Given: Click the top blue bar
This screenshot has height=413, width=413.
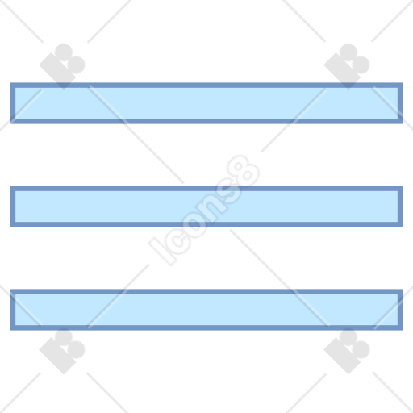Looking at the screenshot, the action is click(x=206, y=103).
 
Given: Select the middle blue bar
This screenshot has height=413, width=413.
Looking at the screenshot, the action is click(x=206, y=206).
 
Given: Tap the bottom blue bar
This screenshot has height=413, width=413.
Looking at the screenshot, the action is click(x=206, y=310).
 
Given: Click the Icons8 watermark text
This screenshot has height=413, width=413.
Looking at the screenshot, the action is click(x=204, y=211).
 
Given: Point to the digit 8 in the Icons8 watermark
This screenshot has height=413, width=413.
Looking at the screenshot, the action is click(x=244, y=170).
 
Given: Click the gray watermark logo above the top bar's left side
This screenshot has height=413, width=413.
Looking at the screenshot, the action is click(x=62, y=66).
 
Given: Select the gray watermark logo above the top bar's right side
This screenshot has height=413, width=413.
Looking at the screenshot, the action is click(x=347, y=66).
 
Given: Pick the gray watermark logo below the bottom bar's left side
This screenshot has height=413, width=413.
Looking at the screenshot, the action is click(x=62, y=351).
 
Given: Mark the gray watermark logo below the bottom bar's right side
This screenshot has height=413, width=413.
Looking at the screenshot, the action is click(x=347, y=351).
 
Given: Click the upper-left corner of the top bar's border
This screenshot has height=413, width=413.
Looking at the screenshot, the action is click(x=10, y=83).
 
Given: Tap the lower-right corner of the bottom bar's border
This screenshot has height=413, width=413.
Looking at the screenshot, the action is click(x=403, y=330).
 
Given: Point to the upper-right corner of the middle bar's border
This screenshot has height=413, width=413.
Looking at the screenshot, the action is click(x=403, y=186).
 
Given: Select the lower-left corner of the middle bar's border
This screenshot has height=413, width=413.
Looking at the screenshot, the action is click(x=10, y=227).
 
